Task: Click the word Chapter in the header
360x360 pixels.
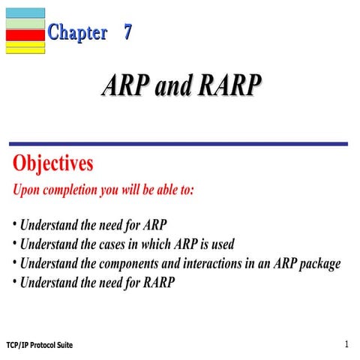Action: click(x=77, y=33)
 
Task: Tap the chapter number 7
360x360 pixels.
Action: click(x=129, y=33)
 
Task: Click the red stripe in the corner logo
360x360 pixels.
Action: click(x=25, y=34)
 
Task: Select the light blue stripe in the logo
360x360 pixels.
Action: click(x=25, y=13)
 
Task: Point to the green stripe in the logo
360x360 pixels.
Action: click(x=25, y=23)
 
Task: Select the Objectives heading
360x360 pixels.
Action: click(x=53, y=163)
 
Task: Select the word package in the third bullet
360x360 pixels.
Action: click(x=319, y=264)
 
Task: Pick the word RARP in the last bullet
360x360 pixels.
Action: click(x=158, y=283)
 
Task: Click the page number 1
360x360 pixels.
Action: click(x=347, y=344)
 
